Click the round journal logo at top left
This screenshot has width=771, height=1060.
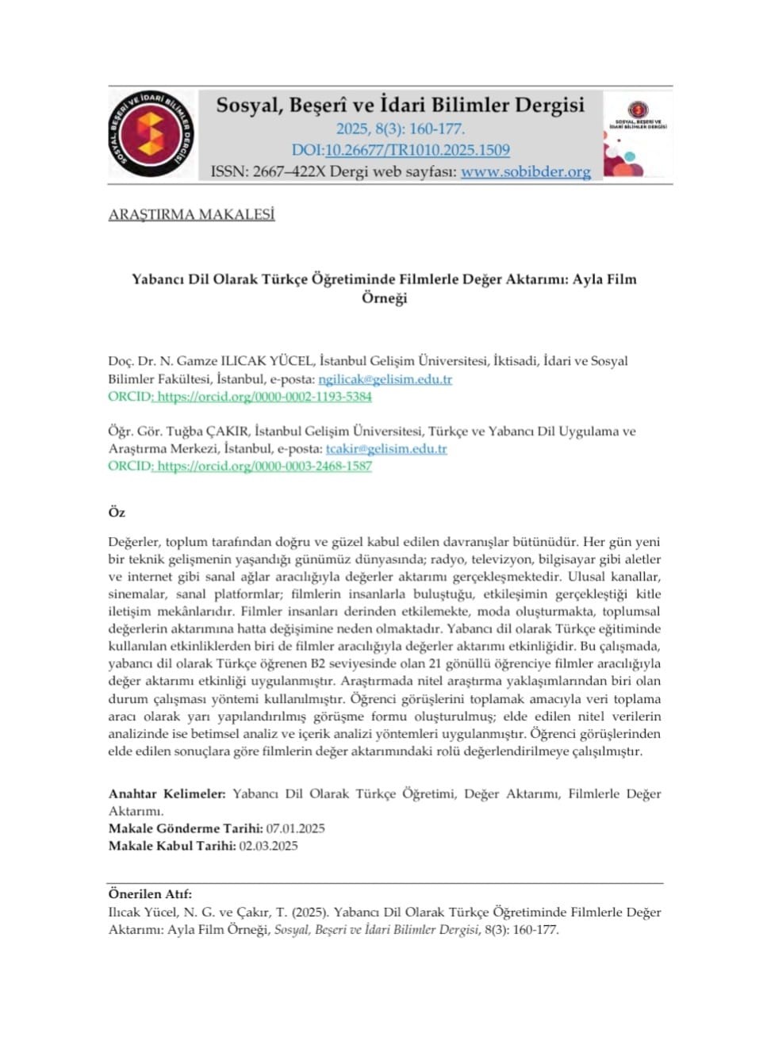click(151, 134)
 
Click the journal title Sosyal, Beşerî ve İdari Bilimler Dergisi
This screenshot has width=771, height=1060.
click(400, 105)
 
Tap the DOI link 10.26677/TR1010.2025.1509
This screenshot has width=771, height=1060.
click(417, 150)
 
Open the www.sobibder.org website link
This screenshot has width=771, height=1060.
click(525, 171)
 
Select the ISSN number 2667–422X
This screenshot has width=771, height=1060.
click(289, 171)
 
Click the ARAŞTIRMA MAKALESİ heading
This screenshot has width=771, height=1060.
click(191, 214)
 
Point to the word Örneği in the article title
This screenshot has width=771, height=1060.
click(384, 298)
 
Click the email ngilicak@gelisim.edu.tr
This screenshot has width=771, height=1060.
click(385, 379)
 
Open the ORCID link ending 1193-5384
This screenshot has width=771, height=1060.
click(264, 397)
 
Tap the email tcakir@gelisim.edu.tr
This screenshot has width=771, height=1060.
click(386, 449)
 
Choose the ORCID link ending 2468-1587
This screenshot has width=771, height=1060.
click(264, 467)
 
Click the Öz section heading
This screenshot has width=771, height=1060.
click(117, 513)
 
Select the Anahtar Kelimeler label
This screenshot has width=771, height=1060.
click(167, 793)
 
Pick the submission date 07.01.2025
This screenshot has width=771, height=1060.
click(295, 828)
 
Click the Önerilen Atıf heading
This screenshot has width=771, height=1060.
click(150, 894)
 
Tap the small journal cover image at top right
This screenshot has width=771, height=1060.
click(637, 133)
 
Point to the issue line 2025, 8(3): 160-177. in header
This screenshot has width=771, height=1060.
click(400, 129)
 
